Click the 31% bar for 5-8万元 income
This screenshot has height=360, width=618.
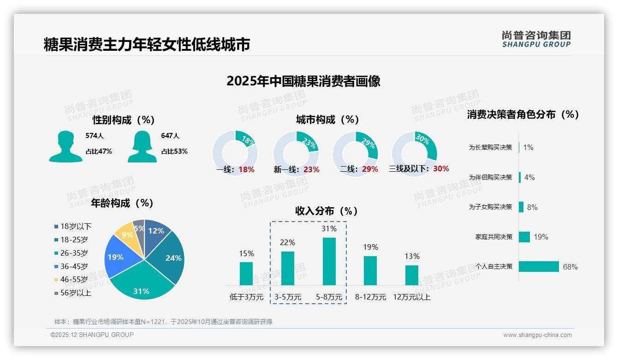pyautogui.click(x=329, y=261)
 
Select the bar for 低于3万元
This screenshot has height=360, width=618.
pyautogui.click(x=246, y=273)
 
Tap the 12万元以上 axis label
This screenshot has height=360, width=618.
pyautogui.click(x=411, y=297)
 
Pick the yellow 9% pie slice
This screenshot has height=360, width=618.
pyautogui.click(x=124, y=235)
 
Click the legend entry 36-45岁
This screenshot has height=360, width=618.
pyautogui.click(x=74, y=266)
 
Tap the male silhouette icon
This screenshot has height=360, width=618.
pyautogui.click(x=65, y=147)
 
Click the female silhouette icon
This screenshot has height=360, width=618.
pyautogui.click(x=142, y=147)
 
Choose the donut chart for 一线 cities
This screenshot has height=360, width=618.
pyautogui.click(x=235, y=152)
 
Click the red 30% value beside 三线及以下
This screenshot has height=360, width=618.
pyautogui.click(x=441, y=169)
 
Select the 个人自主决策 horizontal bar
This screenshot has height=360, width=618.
pyautogui.click(x=539, y=266)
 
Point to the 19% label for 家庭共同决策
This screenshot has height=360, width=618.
pyautogui.click(x=541, y=237)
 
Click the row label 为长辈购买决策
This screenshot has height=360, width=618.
pyautogui.click(x=490, y=147)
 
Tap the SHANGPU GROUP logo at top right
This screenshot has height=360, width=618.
pyautogui.click(x=536, y=39)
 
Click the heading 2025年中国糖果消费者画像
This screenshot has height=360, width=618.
pyautogui.click(x=303, y=81)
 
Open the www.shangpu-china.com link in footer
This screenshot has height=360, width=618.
pyautogui.click(x=537, y=335)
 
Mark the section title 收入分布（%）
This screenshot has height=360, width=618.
pyautogui.click(x=327, y=211)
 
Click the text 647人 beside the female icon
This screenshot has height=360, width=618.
pyautogui.click(x=170, y=136)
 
